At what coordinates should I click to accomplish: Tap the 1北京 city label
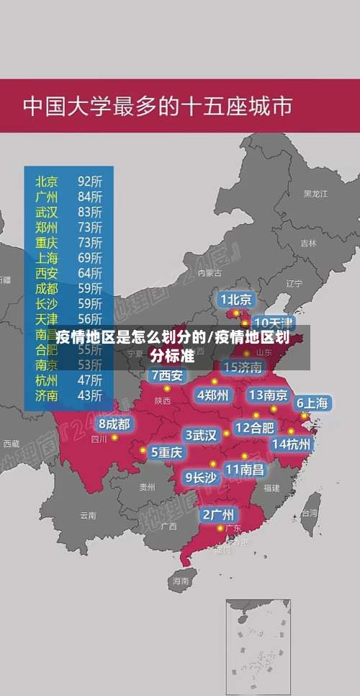click(236, 299)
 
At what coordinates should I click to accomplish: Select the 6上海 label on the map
click(312, 403)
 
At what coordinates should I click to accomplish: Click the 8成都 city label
click(114, 424)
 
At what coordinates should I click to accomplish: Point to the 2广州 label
click(217, 514)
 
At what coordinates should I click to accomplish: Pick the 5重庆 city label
click(166, 452)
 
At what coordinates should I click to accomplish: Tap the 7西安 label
click(167, 375)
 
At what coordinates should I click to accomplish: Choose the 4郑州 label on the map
click(212, 394)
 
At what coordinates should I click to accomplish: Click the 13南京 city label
click(268, 395)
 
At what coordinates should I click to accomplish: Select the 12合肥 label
click(253, 427)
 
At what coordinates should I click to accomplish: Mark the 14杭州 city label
click(291, 444)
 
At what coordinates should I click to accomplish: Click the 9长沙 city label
click(201, 476)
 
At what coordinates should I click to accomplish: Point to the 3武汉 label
click(202, 435)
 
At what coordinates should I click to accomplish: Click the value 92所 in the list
click(90, 181)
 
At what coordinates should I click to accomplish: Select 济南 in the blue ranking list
click(47, 395)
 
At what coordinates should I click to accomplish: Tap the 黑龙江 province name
click(315, 194)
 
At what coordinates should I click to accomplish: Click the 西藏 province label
click(11, 444)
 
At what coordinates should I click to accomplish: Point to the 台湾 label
click(309, 514)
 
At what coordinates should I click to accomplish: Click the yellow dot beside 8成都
click(114, 437)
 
